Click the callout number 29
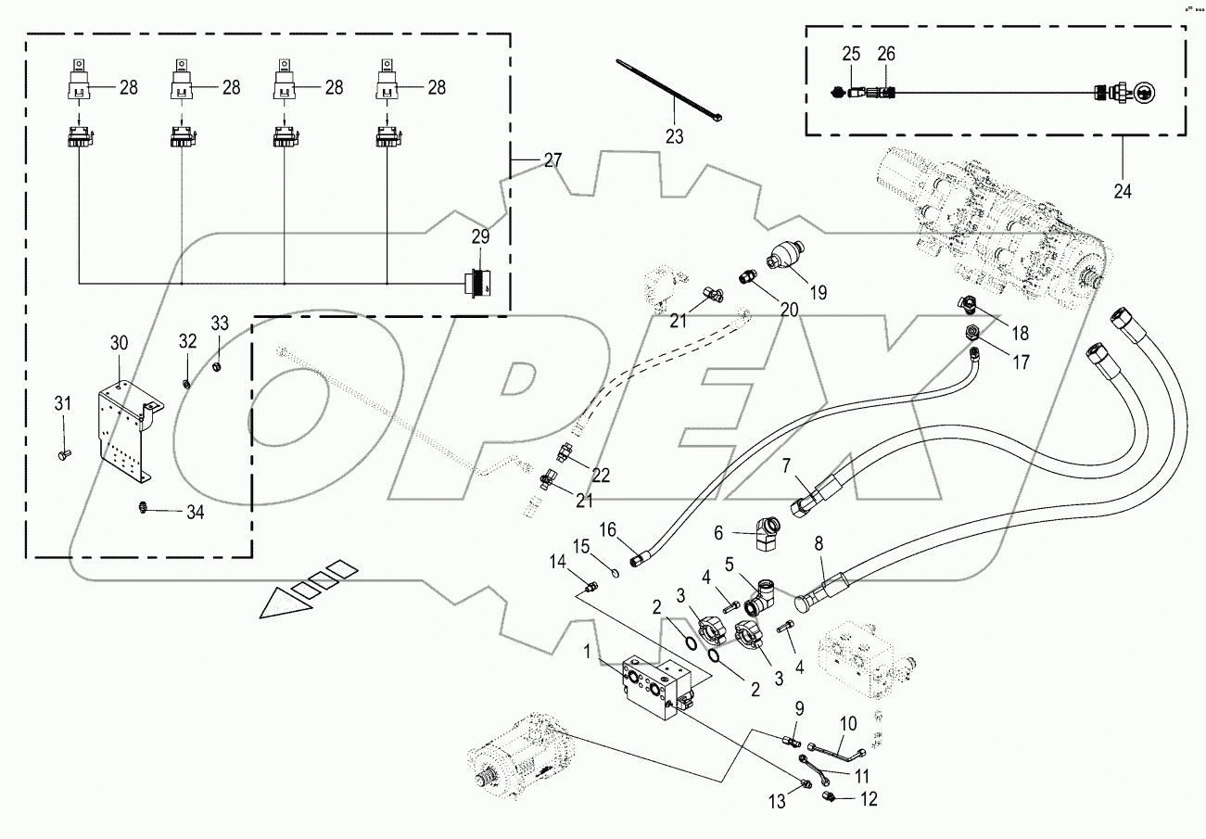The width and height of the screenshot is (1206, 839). click(x=479, y=237)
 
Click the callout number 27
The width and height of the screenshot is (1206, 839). click(x=552, y=160)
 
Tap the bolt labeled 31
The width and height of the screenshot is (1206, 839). click(x=63, y=453)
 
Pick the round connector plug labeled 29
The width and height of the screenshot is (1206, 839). click(x=478, y=281)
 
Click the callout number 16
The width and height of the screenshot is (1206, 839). click(x=607, y=529)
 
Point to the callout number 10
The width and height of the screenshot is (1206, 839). click(x=849, y=722)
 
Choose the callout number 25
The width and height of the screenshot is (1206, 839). click(x=852, y=55)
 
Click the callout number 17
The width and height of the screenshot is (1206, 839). click(x=1021, y=362)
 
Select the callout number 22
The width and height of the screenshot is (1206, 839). click(x=601, y=475)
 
